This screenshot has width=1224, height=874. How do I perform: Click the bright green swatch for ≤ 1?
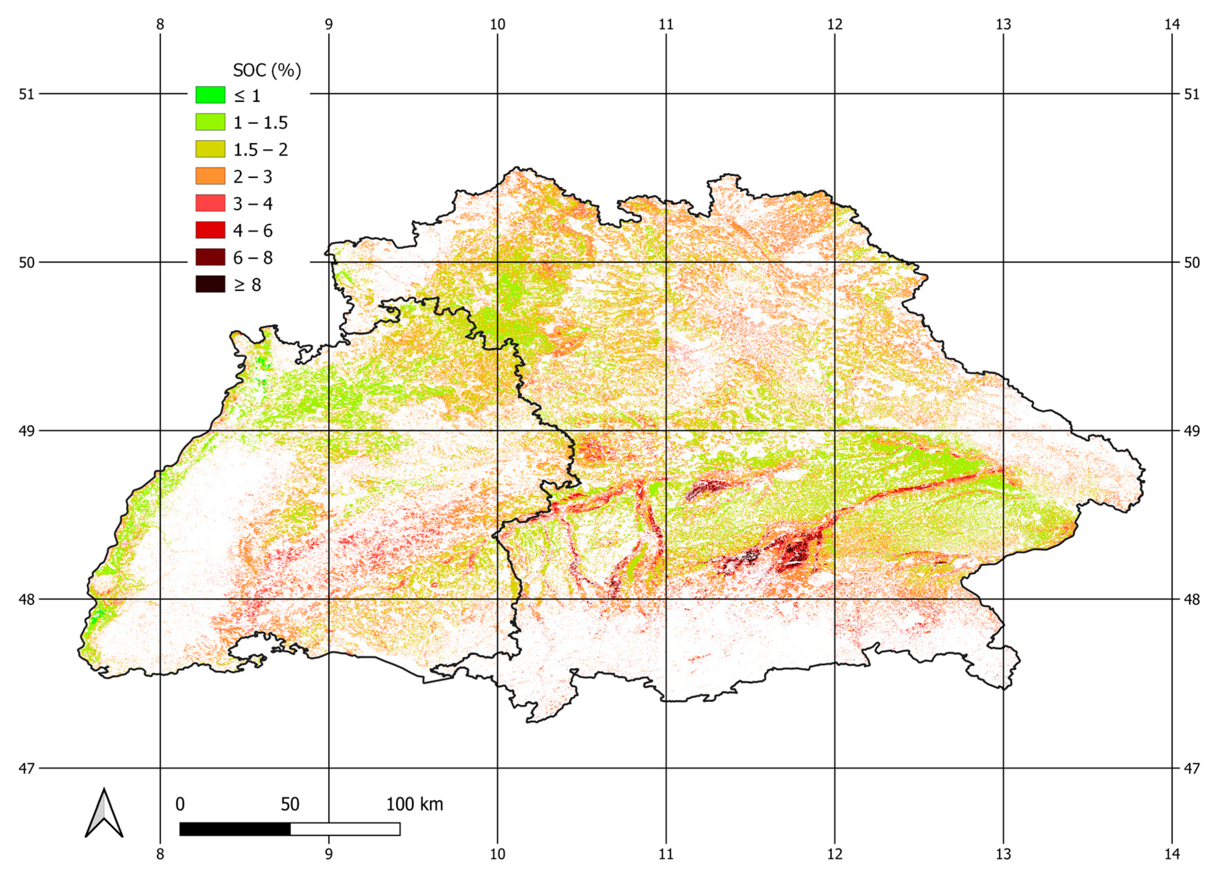point(210,95)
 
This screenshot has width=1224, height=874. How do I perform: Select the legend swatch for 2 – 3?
point(210,176)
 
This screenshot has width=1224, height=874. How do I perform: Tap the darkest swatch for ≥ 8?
point(210,284)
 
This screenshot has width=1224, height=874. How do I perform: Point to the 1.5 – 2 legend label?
point(260,150)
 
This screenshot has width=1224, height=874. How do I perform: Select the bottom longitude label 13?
point(1003,854)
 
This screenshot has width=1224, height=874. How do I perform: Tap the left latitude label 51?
point(26,94)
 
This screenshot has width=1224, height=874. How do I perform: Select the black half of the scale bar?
point(235,829)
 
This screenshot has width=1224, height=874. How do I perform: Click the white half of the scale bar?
point(345,829)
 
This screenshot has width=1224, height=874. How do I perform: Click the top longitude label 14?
point(1172,24)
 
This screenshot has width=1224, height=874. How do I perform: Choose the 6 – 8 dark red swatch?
point(210,257)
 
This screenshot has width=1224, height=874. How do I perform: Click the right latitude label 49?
point(1192,431)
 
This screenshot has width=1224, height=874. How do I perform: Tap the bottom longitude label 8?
point(160,854)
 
